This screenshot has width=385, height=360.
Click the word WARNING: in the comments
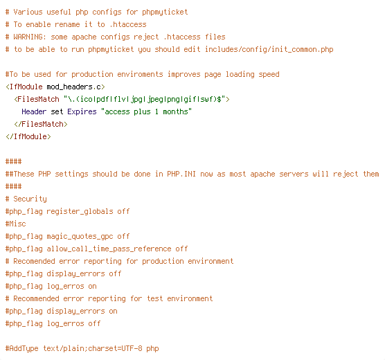pos(30,37)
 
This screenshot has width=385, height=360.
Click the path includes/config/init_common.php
pos(269,50)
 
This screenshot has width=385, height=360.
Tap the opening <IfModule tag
pos(24,87)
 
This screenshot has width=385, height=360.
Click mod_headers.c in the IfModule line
pos(73,87)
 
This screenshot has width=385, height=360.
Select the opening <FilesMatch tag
pos(37,99)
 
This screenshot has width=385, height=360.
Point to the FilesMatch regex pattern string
pos(144,99)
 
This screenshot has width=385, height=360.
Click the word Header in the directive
pos(34,111)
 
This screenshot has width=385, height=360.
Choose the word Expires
pos(82,111)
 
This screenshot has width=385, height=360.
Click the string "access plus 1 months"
pos(146,111)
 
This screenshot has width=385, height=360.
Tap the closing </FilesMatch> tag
pos(41,124)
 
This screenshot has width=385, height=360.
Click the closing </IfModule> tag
pos(28,136)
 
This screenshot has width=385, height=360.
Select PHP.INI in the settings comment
pos(181,174)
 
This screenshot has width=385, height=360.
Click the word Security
pos(30,199)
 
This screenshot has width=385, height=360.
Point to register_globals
pos(80,211)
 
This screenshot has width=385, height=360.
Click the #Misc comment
pos(15,224)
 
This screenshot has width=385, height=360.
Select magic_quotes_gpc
pos(80,237)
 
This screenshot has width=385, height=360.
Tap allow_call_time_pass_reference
pos(109,249)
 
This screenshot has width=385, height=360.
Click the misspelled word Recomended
pos(34,261)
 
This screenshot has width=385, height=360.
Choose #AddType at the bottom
pos(22,349)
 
